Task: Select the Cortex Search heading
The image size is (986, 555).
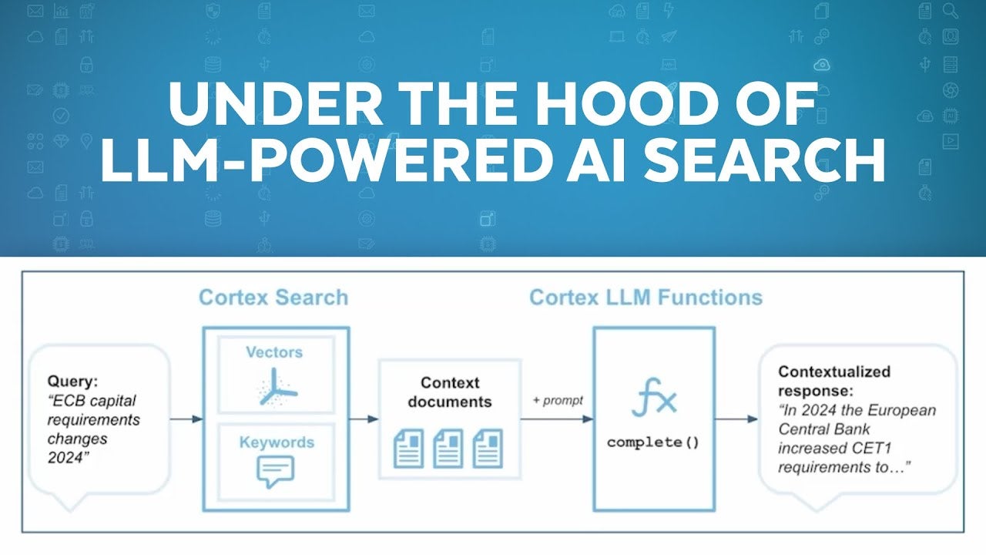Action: pos(273,298)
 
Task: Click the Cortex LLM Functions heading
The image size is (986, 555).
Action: pos(646,298)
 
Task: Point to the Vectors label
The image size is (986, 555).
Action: pos(274,352)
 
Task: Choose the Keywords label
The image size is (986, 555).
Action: pos(277,442)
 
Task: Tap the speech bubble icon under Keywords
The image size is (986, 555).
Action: pos(275,471)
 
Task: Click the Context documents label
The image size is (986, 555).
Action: pos(450,392)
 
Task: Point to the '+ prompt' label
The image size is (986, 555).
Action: pos(558,401)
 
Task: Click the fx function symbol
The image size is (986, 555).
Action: pos(654,399)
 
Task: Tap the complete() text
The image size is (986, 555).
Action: pos(653,442)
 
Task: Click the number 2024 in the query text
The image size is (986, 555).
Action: pos(65,457)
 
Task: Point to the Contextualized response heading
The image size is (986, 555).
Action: pos(833,380)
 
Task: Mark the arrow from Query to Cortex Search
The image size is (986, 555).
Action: pos(186,419)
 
